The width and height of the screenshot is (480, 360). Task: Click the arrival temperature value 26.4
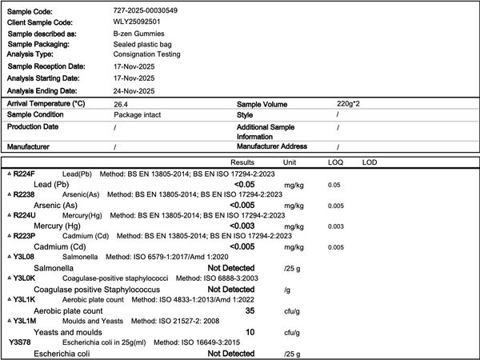pyautogui.click(x=122, y=105)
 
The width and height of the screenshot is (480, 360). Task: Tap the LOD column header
pyautogui.click(x=370, y=162)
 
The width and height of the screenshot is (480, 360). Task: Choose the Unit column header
pyautogui.click(x=290, y=162)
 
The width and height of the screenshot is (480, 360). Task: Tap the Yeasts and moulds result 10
pyautogui.click(x=250, y=331)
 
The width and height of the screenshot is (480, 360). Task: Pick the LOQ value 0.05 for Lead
pyautogui.click(x=334, y=185)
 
